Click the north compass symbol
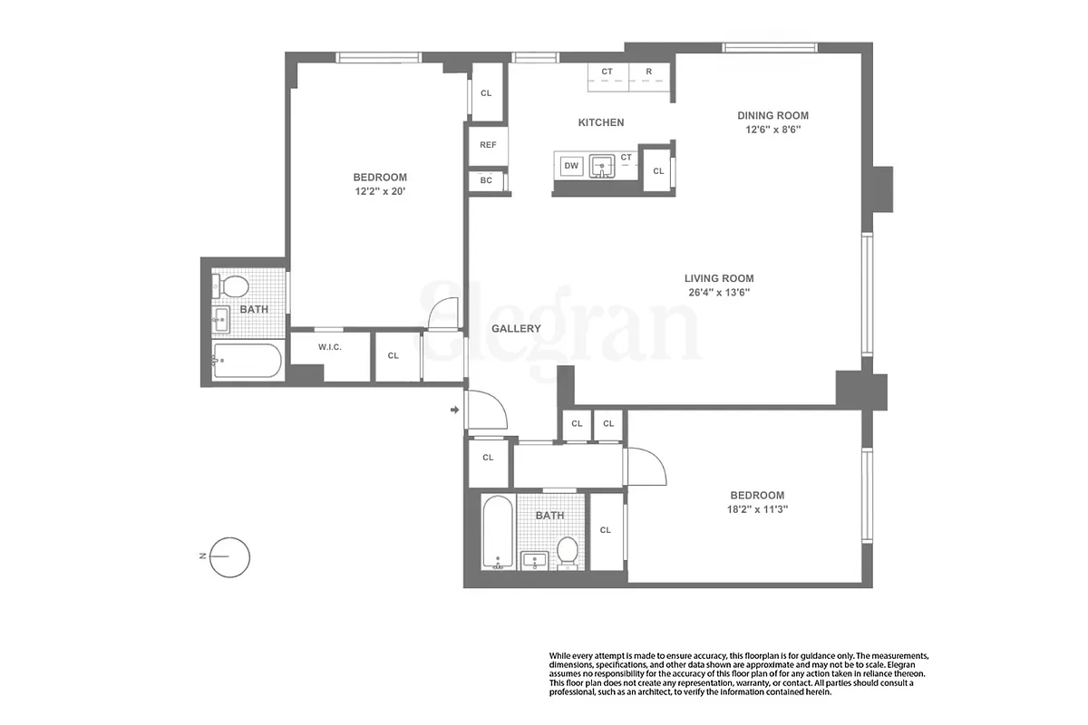click(229, 556)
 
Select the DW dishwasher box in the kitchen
click(571, 165)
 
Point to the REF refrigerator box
click(488, 145)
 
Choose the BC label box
click(486, 180)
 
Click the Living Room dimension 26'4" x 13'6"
click(719, 293)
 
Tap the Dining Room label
click(772, 115)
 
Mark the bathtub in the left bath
click(248, 362)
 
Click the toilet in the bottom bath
click(568, 550)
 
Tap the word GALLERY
click(516, 329)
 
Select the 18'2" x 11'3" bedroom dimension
click(757, 509)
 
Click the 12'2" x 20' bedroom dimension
click(380, 191)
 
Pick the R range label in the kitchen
click(649, 71)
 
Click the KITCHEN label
click(601, 122)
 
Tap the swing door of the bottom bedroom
click(646, 467)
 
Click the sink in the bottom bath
click(535, 560)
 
